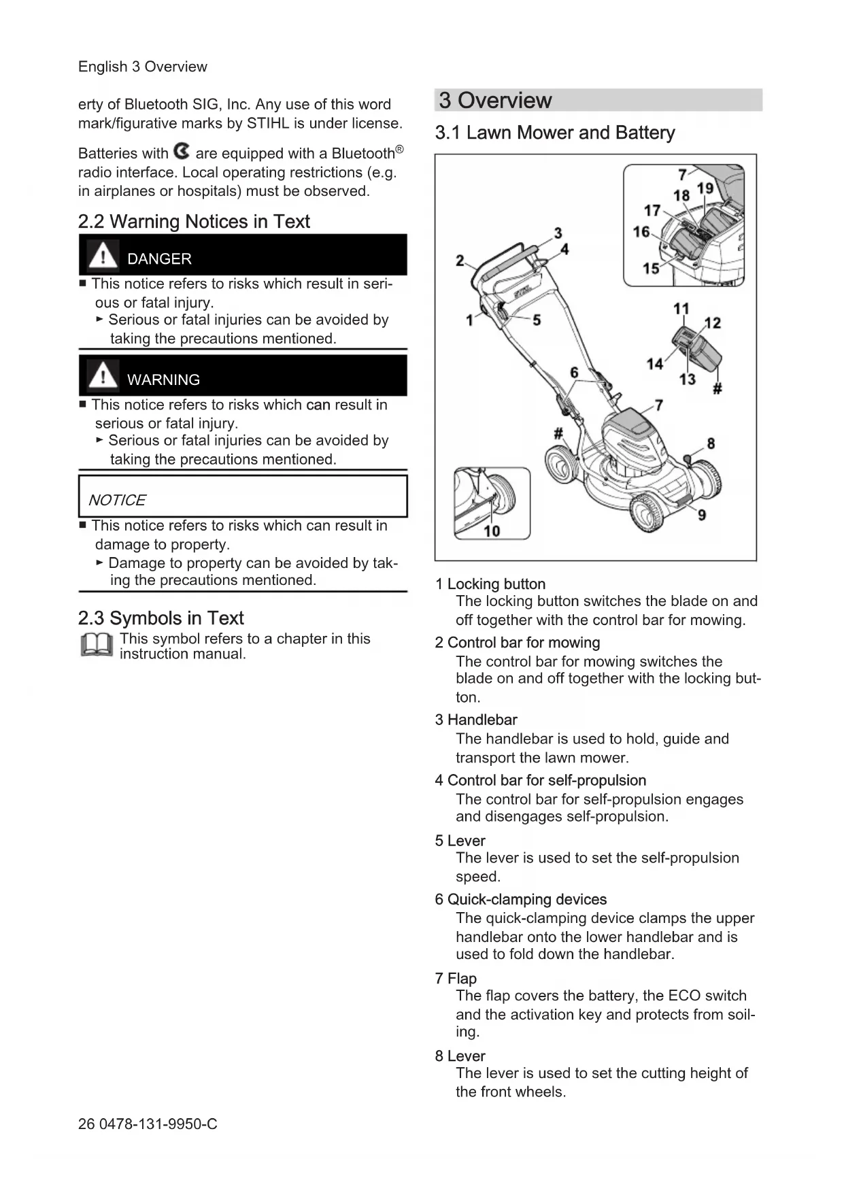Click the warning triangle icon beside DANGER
tap(103, 255)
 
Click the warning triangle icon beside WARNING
tap(103, 375)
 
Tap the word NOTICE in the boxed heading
tap(117, 501)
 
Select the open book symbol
tap(96, 645)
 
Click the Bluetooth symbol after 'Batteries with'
tap(182, 151)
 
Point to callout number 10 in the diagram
tap(492, 531)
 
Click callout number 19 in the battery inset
tap(705, 188)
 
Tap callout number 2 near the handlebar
tap(460, 261)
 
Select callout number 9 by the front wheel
tap(701, 515)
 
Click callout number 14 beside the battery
tap(654, 365)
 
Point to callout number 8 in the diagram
tap(711, 443)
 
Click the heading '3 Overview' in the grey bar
tap(495, 101)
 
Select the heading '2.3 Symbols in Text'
tap(161, 618)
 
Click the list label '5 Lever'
tap(460, 841)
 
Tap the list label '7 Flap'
tap(456, 979)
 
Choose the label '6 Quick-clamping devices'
tap(520, 900)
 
